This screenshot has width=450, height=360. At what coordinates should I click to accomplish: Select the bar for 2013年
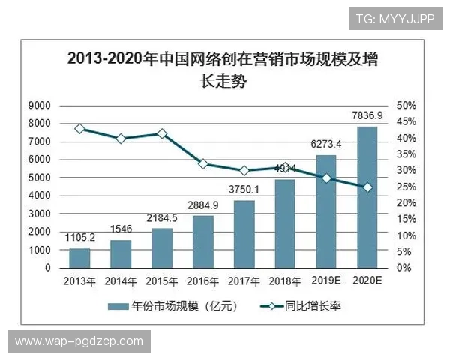point(79,258)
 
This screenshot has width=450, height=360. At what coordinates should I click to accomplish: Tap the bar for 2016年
point(202,241)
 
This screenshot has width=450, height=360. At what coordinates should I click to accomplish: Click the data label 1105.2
point(79,238)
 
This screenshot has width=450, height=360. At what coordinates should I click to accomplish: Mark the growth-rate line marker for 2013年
point(79,129)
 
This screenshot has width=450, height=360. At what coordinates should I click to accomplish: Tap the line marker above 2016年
point(202,163)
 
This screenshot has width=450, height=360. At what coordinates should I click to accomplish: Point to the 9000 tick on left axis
point(40,105)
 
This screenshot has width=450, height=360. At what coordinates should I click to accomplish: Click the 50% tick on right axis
point(406,105)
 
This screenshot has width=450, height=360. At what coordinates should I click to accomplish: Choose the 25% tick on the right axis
point(406,187)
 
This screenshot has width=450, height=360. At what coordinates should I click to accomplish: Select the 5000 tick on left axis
point(40,178)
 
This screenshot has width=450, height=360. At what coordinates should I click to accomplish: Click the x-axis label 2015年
point(161,280)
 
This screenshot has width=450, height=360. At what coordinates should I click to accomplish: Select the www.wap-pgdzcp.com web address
point(79,341)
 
